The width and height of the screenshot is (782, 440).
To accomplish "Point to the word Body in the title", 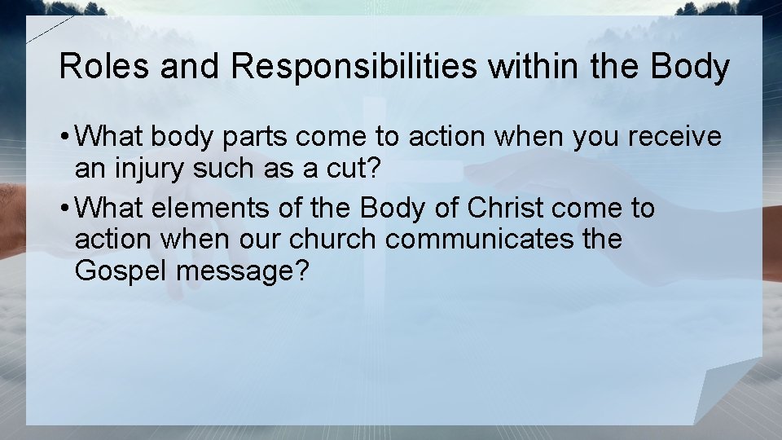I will click(x=690, y=67).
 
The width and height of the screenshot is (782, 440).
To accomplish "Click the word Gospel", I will click(x=121, y=271).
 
